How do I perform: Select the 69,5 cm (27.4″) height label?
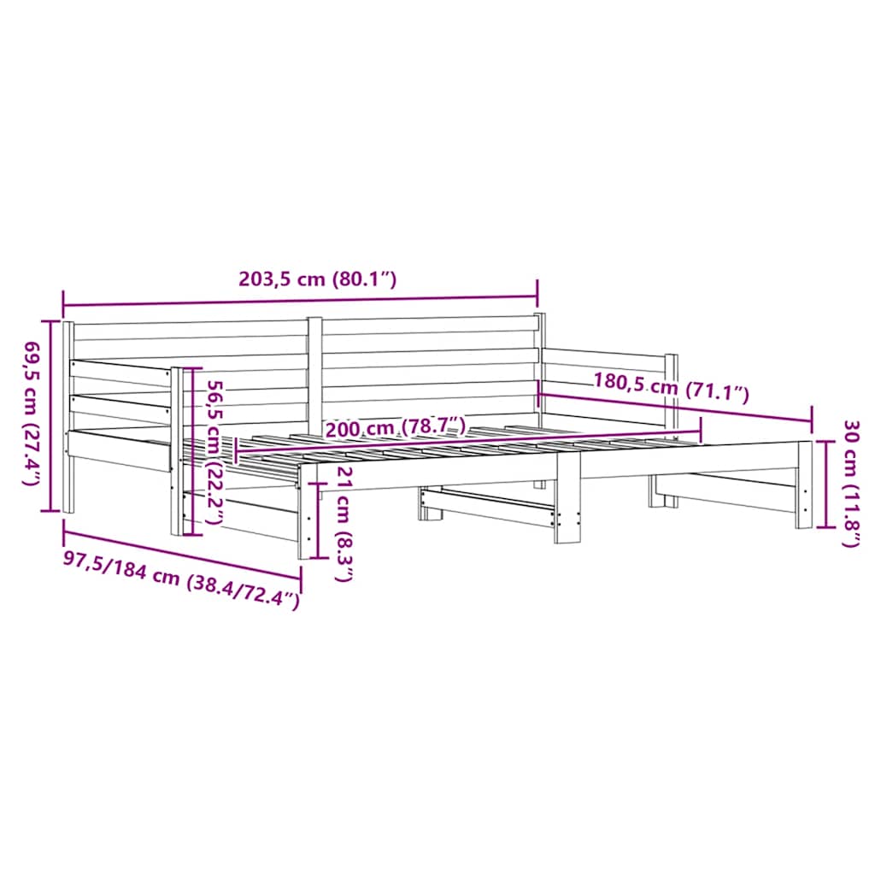[x=32, y=414]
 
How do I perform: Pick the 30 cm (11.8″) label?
[x=850, y=483]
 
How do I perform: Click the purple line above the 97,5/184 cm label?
[x=181, y=554]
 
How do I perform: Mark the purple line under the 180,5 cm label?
[x=675, y=406]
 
